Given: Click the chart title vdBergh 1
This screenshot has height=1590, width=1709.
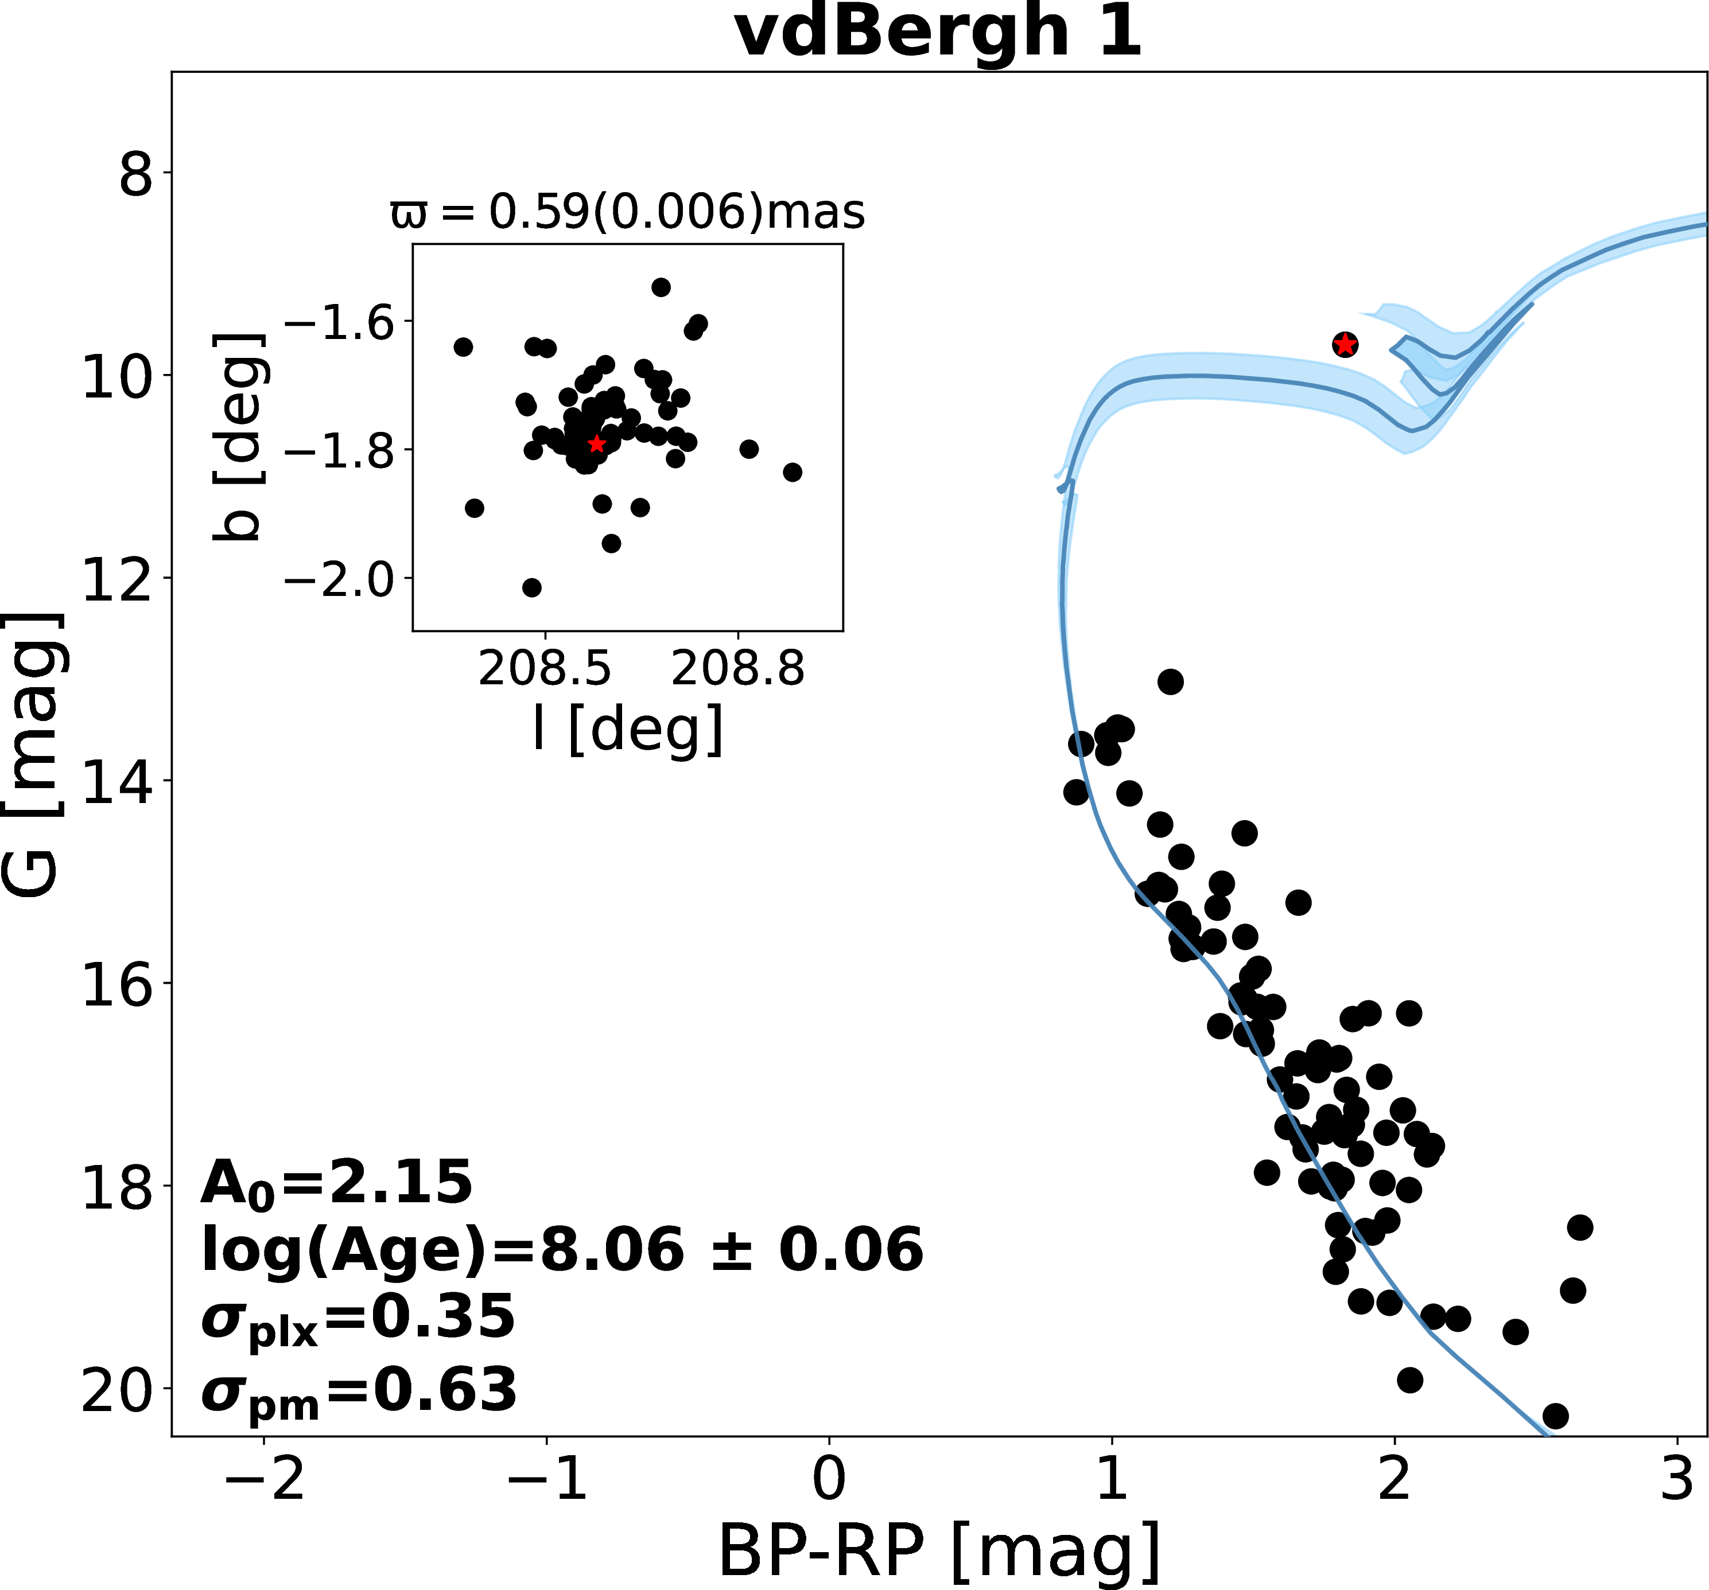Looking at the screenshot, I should pyautogui.click(x=939, y=33).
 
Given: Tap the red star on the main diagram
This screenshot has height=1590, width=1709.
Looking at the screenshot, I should pyautogui.click(x=1345, y=345).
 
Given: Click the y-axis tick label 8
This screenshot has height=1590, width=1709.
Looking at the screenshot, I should pyautogui.click(x=136, y=176).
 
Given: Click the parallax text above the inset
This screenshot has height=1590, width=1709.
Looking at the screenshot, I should pyautogui.click(x=628, y=212).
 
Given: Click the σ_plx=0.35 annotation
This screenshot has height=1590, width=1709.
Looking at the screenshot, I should pyautogui.click(x=358, y=1318).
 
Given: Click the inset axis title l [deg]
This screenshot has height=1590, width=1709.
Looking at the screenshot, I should pyautogui.click(x=628, y=730).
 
